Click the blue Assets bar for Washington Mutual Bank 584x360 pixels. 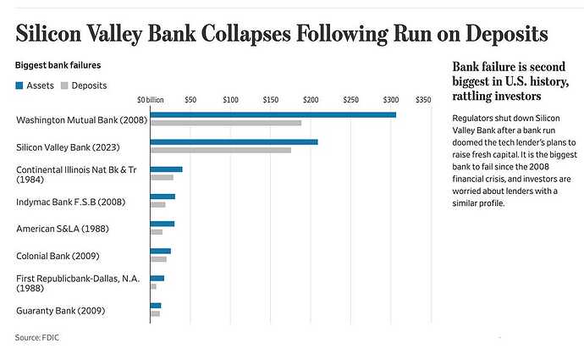[273, 114]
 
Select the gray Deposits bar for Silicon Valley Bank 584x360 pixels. [220, 150]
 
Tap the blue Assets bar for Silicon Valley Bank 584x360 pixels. [234, 141]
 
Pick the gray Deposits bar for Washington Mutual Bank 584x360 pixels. [225, 123]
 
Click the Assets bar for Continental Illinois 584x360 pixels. [166, 169]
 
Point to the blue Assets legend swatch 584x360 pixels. [19, 86]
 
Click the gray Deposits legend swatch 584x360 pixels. [64, 86]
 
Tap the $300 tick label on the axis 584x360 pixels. [390, 99]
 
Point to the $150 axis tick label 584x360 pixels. [270, 99]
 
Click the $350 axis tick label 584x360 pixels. [424, 99]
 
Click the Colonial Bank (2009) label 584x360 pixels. [56, 256]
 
